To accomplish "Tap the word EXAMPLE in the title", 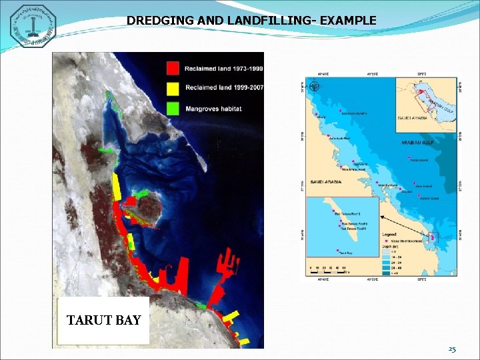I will (348, 21).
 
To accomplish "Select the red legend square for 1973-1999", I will (173, 67).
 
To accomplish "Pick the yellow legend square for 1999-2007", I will (173, 88).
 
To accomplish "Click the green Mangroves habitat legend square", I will (173, 107).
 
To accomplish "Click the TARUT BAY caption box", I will (103, 321).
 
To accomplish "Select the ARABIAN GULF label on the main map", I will (417, 143).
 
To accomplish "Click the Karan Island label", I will (419, 160).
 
